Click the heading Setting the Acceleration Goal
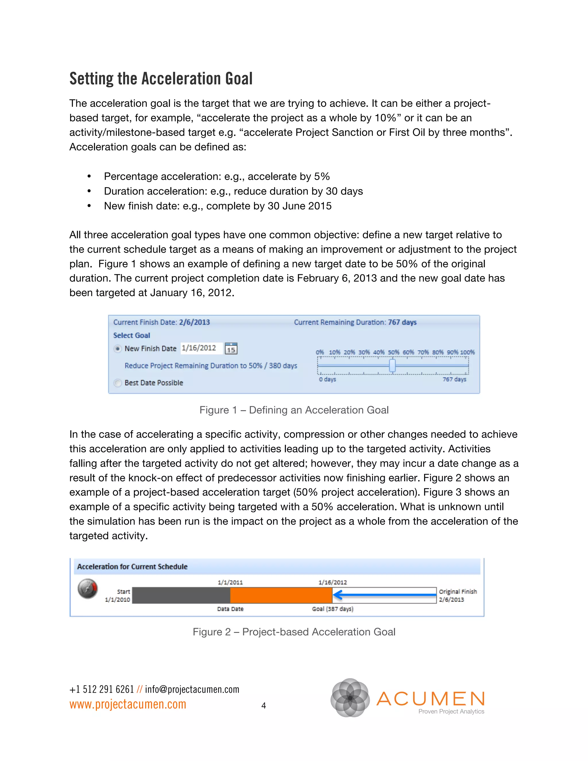[x=161, y=79]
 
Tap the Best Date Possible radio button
[x=118, y=383]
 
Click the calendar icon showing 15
[x=231, y=348]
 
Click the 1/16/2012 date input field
[x=201, y=348]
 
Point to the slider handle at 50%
[x=392, y=366]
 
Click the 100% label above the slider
[x=467, y=352]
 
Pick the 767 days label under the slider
[x=454, y=379]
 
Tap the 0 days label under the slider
[x=327, y=379]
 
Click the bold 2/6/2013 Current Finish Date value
[x=194, y=322]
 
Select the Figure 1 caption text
[x=294, y=410]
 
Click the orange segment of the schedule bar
[x=281, y=595]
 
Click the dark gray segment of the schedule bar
[x=181, y=595]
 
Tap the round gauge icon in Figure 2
[x=88, y=588]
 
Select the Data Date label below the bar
[x=230, y=609]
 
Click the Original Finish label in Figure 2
[x=457, y=591]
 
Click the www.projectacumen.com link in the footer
[x=128, y=704]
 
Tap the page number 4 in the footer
[x=264, y=706]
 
